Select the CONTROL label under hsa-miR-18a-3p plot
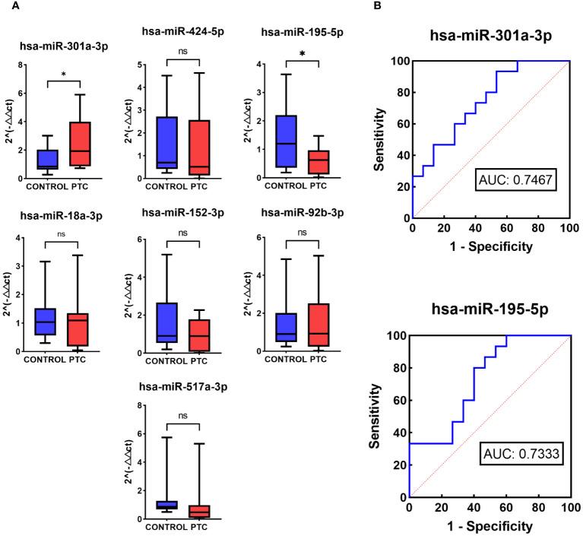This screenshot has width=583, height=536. (x=44, y=360)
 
